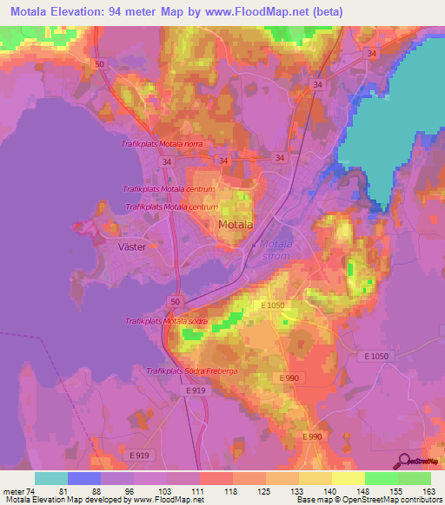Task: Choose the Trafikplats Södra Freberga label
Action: [191, 371]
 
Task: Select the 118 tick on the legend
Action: [229, 490]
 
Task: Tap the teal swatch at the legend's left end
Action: [51, 478]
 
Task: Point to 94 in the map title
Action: [116, 12]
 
